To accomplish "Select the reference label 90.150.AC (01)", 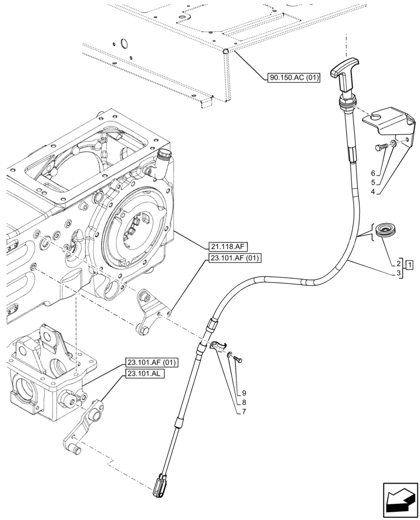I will point(294,78).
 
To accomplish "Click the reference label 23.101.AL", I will point(145,373).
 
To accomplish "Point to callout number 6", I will point(373,173).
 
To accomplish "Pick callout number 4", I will point(373,192).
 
